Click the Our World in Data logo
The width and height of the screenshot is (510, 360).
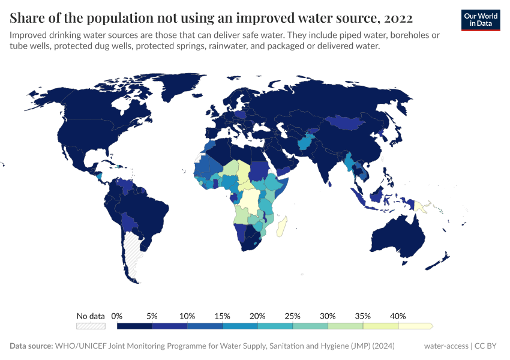coord(480,20)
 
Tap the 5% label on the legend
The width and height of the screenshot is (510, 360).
coord(152,316)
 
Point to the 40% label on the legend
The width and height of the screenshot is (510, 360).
coord(398,316)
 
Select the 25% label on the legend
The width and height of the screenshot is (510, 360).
coord(293,316)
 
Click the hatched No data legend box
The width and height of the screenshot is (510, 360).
coord(91,326)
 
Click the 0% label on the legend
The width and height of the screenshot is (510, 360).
coord(117,316)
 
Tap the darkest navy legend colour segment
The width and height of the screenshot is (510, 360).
coord(134,326)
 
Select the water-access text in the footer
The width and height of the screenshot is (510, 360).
coord(446,346)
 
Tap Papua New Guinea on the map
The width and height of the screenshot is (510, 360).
coord(421,208)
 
